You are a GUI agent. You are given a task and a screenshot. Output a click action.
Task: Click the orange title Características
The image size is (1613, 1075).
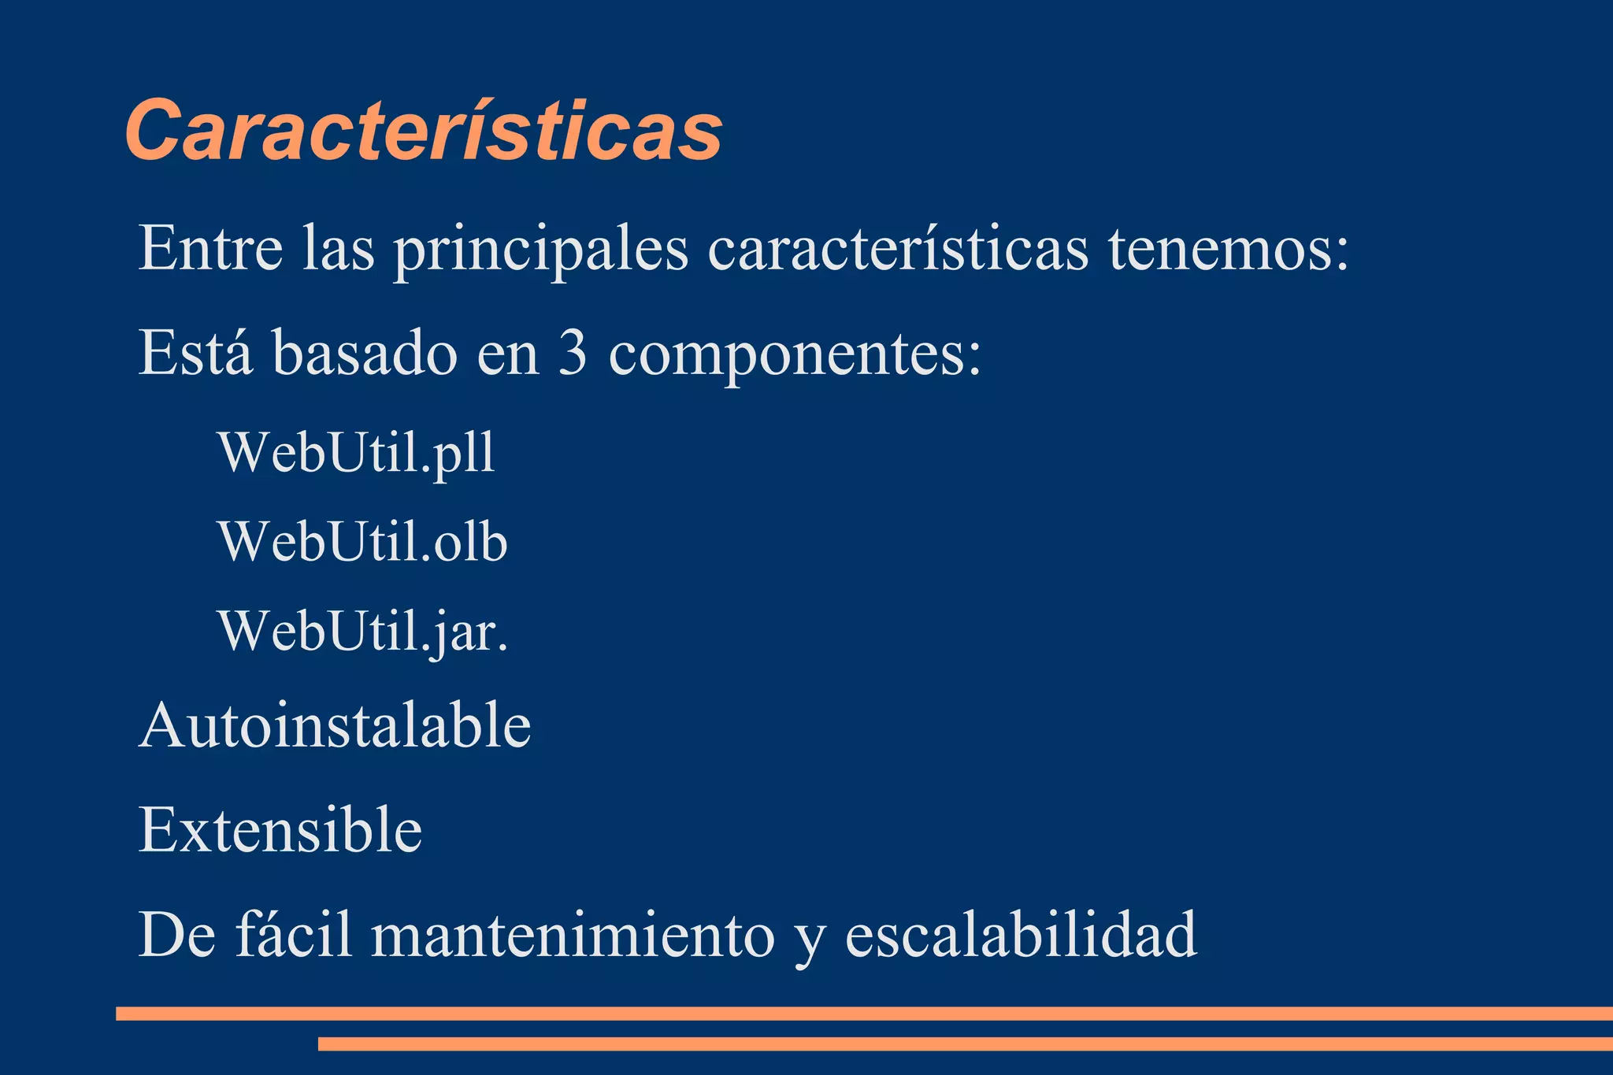tap(424, 131)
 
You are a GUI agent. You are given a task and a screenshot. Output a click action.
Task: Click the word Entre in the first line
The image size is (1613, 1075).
tap(210, 249)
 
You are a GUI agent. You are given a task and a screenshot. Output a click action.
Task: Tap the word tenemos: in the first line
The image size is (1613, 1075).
tap(1229, 249)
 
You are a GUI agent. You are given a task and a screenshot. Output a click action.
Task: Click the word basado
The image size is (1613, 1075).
tap(365, 354)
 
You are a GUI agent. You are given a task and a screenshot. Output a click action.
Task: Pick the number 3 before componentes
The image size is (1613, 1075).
tap(573, 354)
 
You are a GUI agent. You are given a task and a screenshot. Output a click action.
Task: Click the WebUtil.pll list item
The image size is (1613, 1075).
tap(357, 453)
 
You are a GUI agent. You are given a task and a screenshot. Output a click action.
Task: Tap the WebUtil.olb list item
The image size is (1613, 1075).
tap(363, 542)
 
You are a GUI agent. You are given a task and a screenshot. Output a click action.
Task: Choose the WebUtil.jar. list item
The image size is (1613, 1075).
tap(363, 632)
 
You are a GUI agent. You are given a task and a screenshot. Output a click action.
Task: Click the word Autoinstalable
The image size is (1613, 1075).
tap(335, 725)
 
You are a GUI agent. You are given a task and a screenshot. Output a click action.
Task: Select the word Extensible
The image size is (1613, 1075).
tap(280, 830)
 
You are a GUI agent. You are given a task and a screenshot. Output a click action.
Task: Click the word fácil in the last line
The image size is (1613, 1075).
tap(294, 934)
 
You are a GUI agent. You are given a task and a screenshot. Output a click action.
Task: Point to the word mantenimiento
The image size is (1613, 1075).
tap(573, 936)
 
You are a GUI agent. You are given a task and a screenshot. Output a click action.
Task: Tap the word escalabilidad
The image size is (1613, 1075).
tap(1021, 934)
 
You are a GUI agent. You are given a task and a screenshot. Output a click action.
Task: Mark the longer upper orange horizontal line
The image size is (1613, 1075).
tap(864, 1014)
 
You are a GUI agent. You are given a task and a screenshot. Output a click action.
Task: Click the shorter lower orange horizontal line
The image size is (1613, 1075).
tap(965, 1044)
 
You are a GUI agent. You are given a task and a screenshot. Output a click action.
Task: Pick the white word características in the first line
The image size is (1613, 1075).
tap(898, 249)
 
